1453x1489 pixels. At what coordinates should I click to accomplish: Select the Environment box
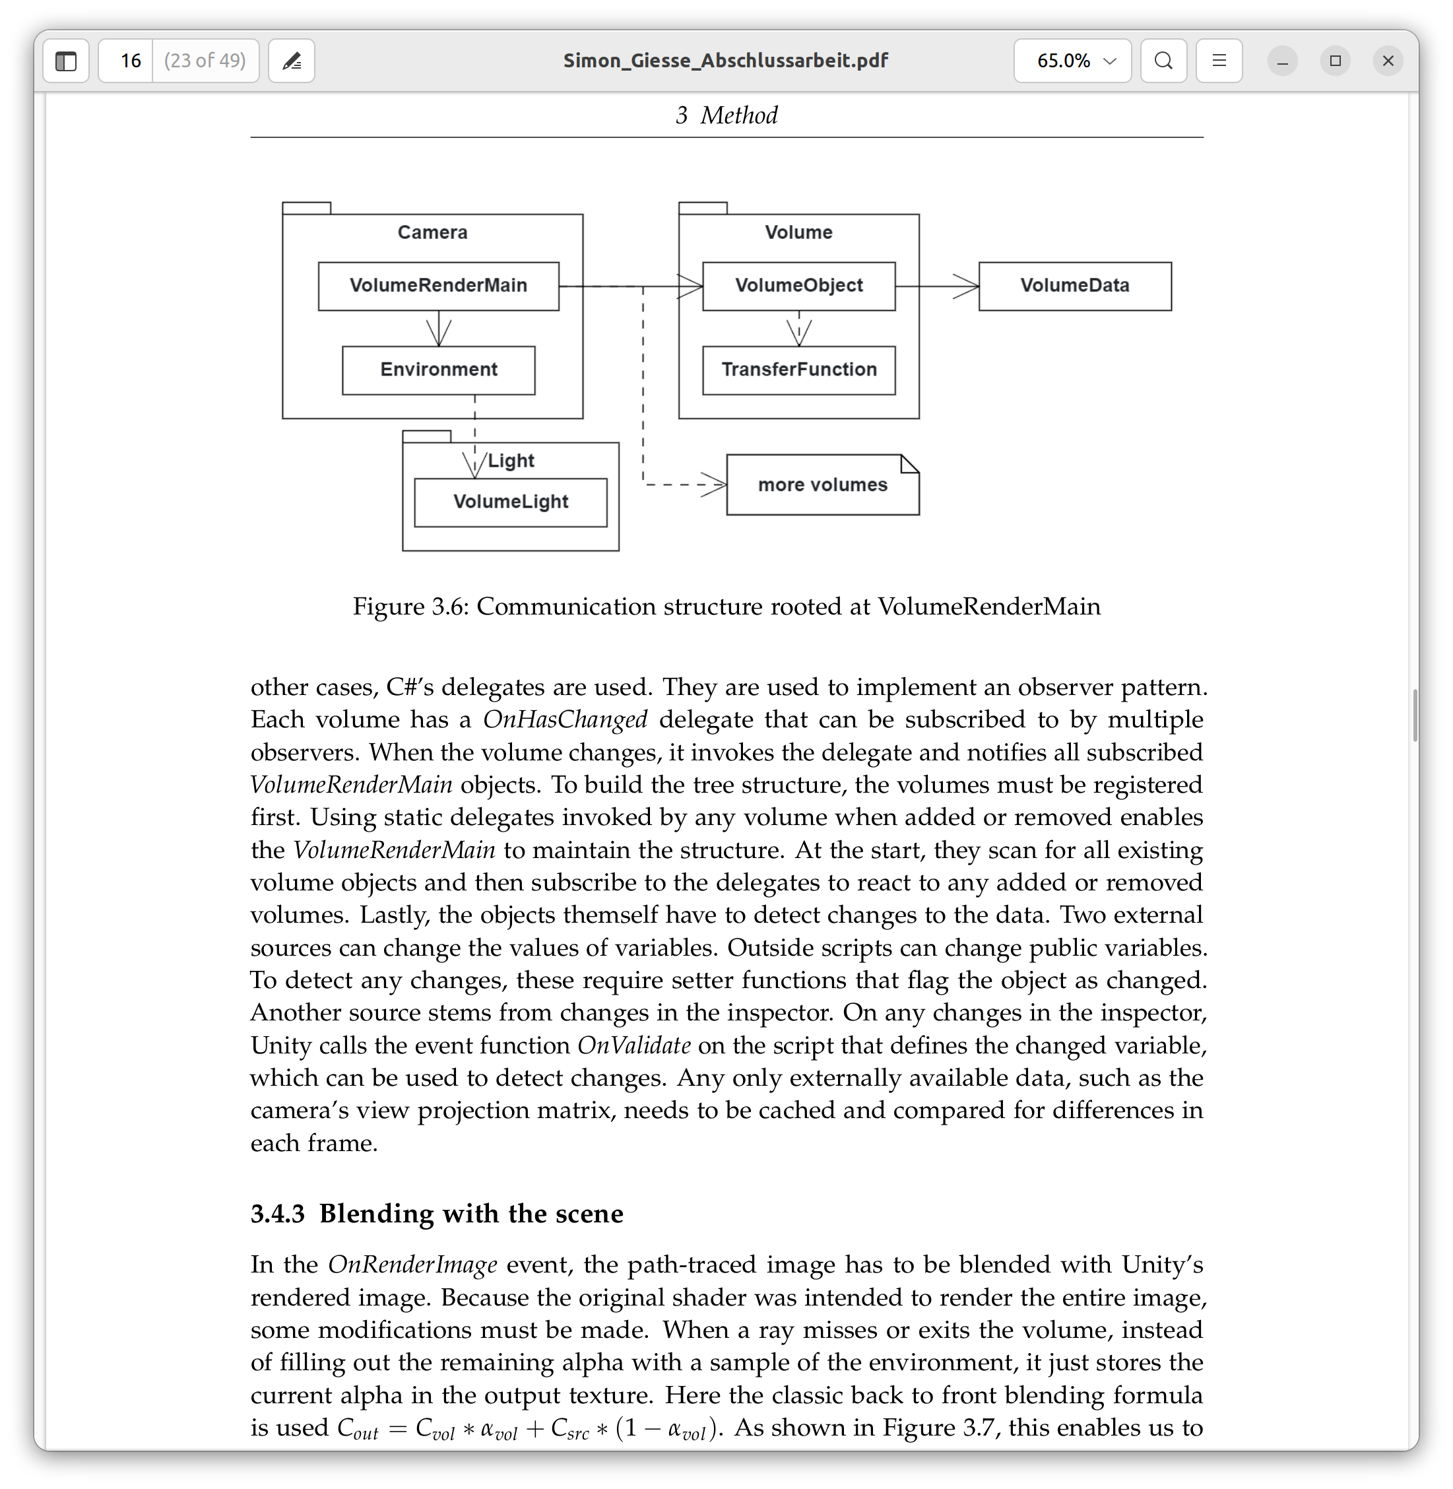pyautogui.click(x=438, y=370)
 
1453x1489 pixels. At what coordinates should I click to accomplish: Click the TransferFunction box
pyautogui.click(x=798, y=370)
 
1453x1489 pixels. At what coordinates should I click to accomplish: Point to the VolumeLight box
pyautogui.click(x=511, y=502)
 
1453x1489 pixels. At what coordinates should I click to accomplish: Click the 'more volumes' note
pyautogui.click(x=822, y=485)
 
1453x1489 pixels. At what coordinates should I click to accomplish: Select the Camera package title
pyautogui.click(x=432, y=232)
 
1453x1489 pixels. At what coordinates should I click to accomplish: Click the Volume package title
pyautogui.click(x=798, y=232)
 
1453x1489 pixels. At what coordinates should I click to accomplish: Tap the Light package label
pyautogui.click(x=511, y=461)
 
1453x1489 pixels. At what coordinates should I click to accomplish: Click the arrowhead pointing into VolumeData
pyautogui.click(x=967, y=287)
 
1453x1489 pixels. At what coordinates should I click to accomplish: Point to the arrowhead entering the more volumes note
pyautogui.click(x=716, y=484)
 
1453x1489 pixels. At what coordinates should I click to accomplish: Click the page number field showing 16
pyautogui.click(x=131, y=61)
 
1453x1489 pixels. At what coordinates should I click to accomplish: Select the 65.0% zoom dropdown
pyautogui.click(x=1072, y=61)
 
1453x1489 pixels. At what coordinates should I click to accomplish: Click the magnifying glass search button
pyautogui.click(x=1163, y=61)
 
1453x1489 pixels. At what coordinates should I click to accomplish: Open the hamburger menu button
pyautogui.click(x=1219, y=61)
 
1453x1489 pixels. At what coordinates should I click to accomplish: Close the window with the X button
pyautogui.click(x=1388, y=61)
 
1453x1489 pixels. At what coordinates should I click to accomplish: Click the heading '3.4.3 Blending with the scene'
pyautogui.click(x=437, y=1214)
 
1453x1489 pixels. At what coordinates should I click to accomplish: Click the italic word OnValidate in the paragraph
pyautogui.click(x=633, y=1045)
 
